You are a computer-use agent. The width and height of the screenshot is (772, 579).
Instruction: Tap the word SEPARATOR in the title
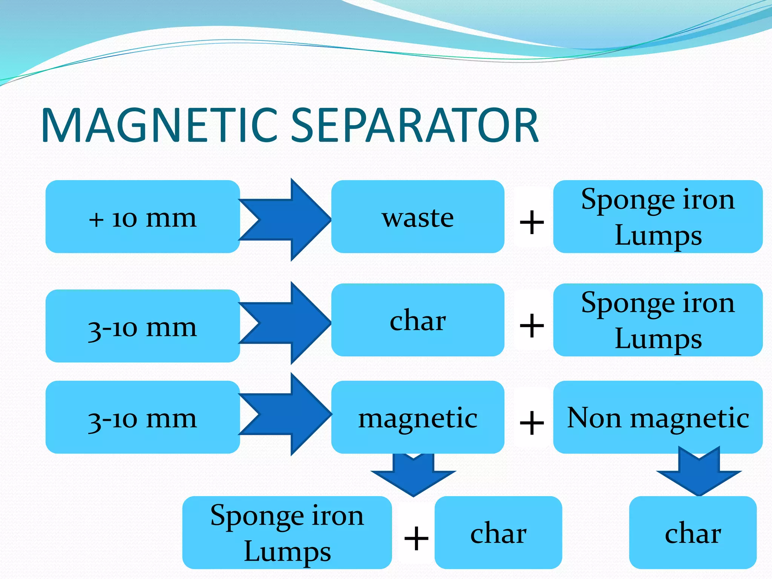[x=415, y=125]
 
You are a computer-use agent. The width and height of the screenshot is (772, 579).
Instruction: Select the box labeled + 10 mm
[x=142, y=217]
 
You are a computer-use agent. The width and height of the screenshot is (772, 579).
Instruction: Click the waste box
[x=418, y=217]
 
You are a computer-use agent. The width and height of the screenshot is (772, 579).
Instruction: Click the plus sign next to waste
[x=532, y=222]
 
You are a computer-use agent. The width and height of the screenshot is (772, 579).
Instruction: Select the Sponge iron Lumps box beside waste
[x=658, y=217]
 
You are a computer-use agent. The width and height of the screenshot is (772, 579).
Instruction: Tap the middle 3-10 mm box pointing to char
[x=142, y=326]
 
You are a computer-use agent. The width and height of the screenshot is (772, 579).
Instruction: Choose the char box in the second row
[x=418, y=320]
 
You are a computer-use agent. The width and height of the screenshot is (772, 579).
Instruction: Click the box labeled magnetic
[x=418, y=417]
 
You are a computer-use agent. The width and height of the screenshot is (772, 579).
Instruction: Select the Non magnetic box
[x=658, y=417]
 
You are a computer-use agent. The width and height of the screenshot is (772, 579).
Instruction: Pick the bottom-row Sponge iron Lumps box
[x=287, y=533]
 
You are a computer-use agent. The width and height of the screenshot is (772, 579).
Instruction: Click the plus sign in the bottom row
[x=416, y=538]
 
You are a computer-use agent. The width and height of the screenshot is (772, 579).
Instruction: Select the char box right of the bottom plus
[x=498, y=533]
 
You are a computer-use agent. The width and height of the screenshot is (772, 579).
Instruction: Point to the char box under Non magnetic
[x=693, y=533]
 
